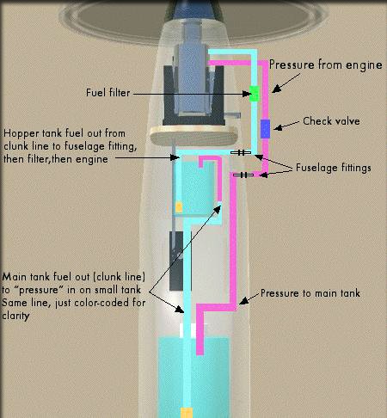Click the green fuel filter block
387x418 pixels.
(254, 94)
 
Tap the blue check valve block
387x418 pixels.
(265, 129)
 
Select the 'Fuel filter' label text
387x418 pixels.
(108, 93)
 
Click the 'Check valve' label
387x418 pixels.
(331, 121)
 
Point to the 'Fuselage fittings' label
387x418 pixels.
(334, 168)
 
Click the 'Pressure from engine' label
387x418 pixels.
(326, 65)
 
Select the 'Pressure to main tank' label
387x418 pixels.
(310, 293)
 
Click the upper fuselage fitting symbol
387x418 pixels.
(241, 153)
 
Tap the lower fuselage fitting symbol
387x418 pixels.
(243, 175)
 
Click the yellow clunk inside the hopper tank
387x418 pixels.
(179, 207)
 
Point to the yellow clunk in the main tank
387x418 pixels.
(187, 413)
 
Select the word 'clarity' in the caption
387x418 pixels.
(15, 316)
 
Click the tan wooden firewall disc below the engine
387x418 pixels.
(194, 136)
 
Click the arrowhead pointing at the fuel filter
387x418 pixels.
(247, 94)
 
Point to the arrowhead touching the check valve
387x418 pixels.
(278, 127)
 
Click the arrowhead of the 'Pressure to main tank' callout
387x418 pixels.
(243, 301)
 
